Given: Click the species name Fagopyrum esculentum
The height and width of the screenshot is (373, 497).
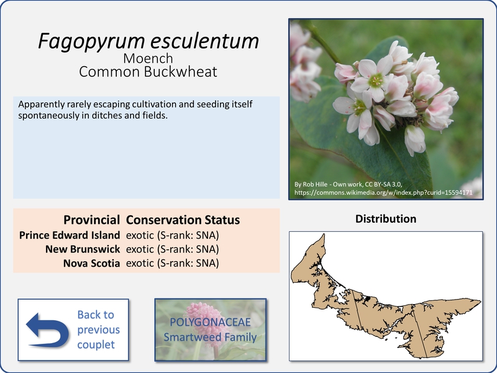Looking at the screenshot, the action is (x=148, y=41).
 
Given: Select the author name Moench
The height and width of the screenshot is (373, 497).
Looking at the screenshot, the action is (x=148, y=58).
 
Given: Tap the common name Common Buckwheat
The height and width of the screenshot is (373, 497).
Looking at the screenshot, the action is (x=148, y=71).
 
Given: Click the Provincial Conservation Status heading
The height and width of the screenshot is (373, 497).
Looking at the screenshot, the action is (x=152, y=220).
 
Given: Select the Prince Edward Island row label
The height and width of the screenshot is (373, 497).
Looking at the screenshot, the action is (x=70, y=235).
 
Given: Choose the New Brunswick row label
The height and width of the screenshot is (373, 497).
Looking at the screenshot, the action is (x=83, y=249).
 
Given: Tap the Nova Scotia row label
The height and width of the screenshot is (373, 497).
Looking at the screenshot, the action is (x=91, y=263).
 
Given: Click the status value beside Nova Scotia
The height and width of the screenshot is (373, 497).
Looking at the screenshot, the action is (x=173, y=263).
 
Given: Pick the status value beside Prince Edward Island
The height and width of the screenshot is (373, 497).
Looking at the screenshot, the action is (x=173, y=236).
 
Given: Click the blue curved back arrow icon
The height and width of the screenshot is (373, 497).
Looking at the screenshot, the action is (x=48, y=330).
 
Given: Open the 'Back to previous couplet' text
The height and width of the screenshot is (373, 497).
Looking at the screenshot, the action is (x=98, y=329).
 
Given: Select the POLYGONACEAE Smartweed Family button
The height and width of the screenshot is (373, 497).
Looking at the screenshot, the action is (x=211, y=329).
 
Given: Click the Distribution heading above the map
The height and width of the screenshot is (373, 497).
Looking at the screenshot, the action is (x=386, y=219).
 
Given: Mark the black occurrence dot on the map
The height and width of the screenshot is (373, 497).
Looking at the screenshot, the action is (x=368, y=298).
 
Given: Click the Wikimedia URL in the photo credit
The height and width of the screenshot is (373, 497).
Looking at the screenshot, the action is (x=383, y=193).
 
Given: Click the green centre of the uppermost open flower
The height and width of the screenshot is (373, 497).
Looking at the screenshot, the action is (x=376, y=80).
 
